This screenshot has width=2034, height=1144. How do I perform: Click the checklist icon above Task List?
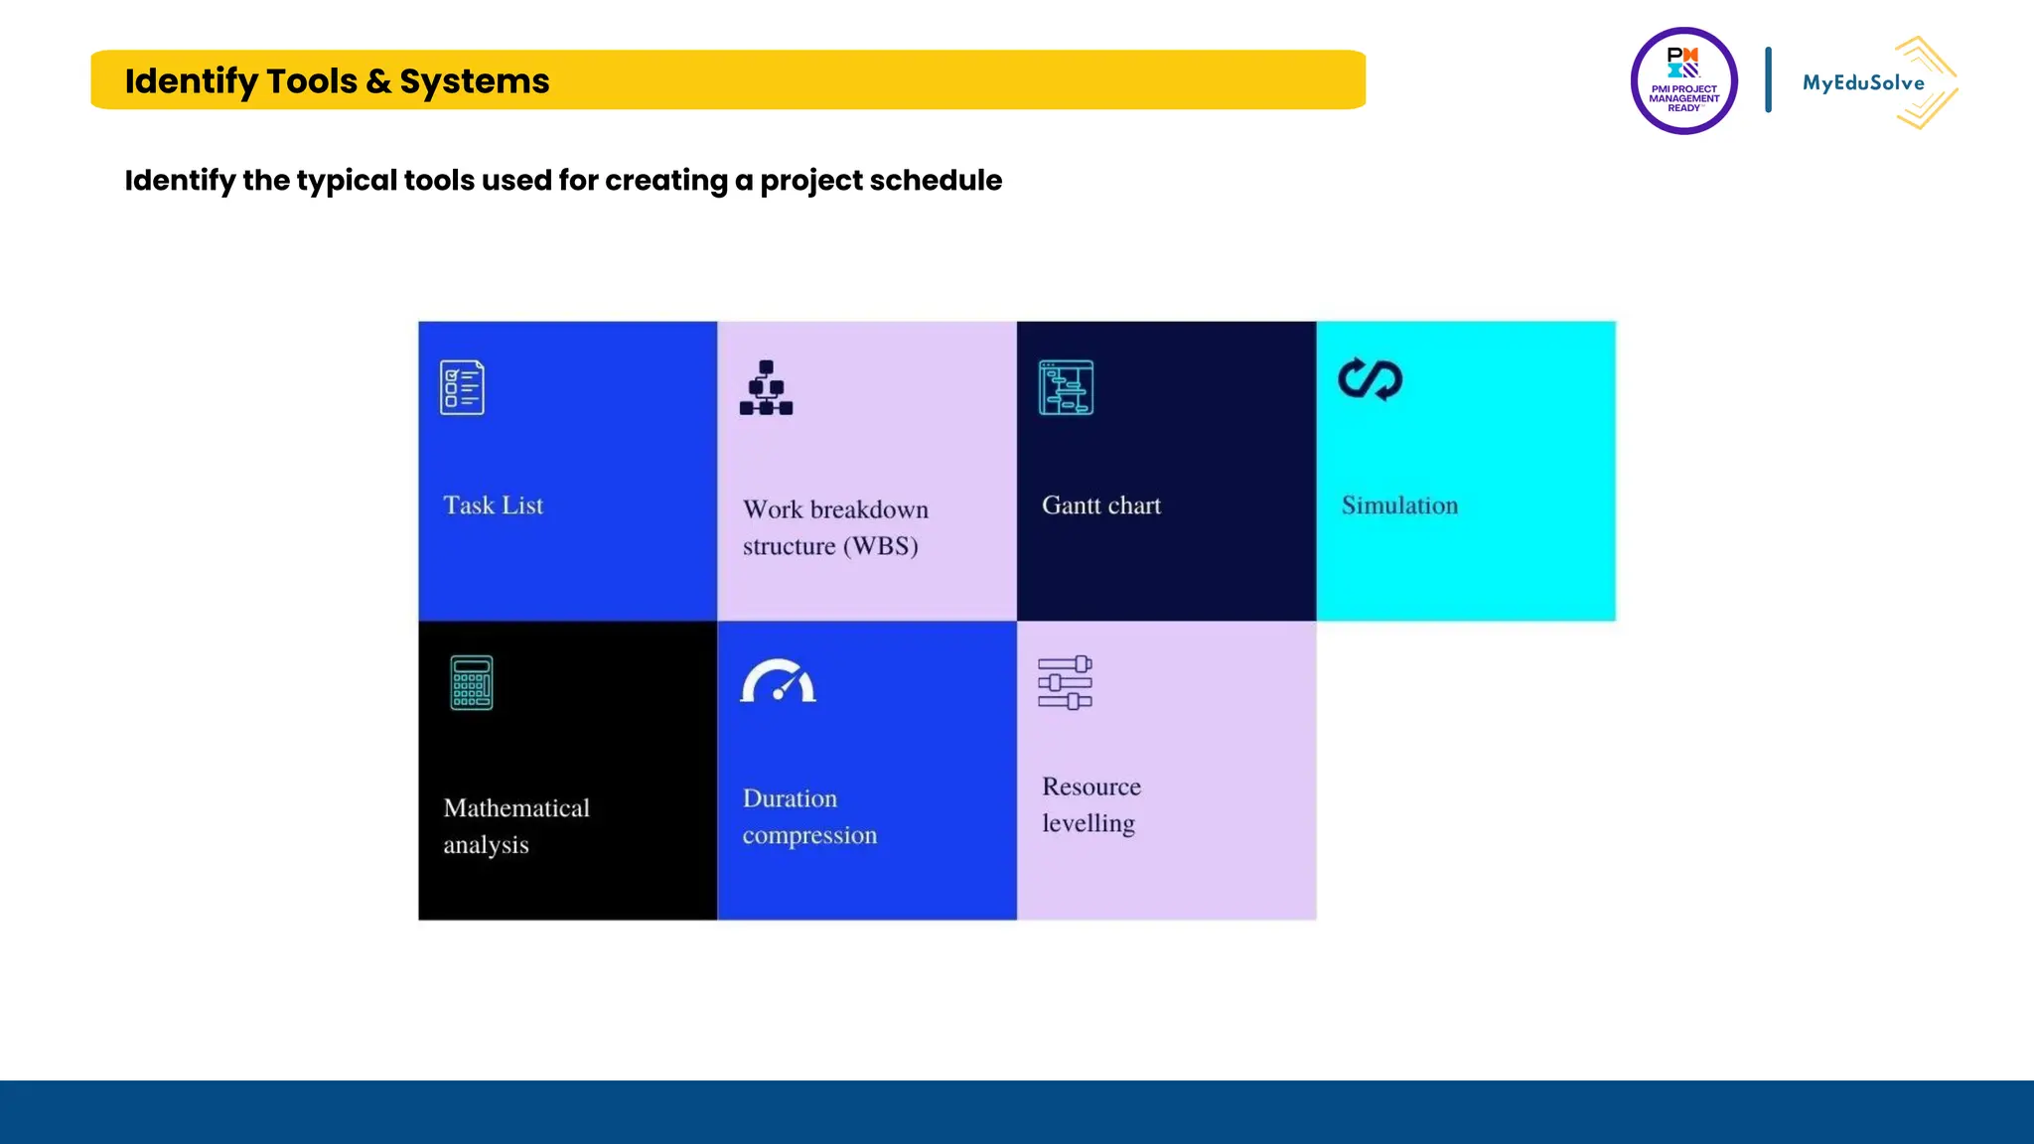point(462,387)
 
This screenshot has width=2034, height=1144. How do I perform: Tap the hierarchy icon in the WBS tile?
point(766,387)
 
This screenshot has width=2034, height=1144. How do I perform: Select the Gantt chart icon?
point(1066,387)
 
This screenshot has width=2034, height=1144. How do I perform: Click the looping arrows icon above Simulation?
point(1370,379)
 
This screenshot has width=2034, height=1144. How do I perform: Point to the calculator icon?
point(471,682)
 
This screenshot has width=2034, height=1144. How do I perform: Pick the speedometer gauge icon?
point(778,681)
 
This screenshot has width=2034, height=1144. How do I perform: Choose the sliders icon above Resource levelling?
point(1065,682)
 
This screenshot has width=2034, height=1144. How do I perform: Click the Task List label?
point(493,505)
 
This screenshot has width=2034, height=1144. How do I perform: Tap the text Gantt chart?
point(1100,505)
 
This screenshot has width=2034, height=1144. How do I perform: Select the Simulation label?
point(1399,505)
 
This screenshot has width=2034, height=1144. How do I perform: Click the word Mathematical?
point(516,808)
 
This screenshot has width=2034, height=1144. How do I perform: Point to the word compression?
point(809,836)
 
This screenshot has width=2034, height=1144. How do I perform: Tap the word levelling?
point(1088,824)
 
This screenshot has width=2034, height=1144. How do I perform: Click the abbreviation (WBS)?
point(880,546)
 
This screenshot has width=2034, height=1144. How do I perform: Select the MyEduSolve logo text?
point(1863,83)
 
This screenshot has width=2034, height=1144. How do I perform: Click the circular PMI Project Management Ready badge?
point(1683,81)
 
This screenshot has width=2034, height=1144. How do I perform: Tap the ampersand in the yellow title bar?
point(378,81)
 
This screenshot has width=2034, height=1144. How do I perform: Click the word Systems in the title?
point(474,81)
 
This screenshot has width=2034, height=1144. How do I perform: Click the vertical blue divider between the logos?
point(1768,79)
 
